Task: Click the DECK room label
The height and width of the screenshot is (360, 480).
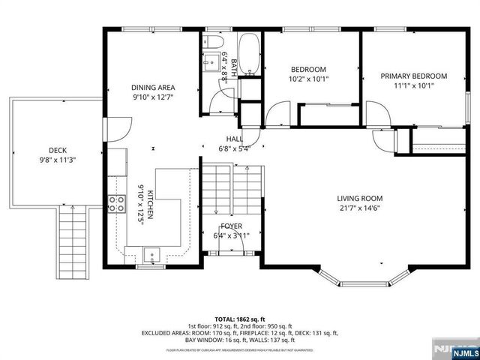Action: click(58, 149)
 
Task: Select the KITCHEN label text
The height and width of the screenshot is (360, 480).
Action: click(151, 202)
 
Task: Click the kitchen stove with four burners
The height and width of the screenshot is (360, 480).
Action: click(116, 203)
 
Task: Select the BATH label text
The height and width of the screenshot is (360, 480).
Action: click(233, 67)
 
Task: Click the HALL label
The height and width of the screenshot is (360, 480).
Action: click(235, 139)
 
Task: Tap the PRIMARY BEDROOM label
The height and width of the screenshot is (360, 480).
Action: click(413, 76)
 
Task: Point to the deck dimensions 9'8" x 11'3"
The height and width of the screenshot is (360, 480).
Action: click(58, 160)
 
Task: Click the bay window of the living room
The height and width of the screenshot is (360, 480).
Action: click(361, 280)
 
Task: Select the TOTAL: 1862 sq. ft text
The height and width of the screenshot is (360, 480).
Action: click(240, 318)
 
